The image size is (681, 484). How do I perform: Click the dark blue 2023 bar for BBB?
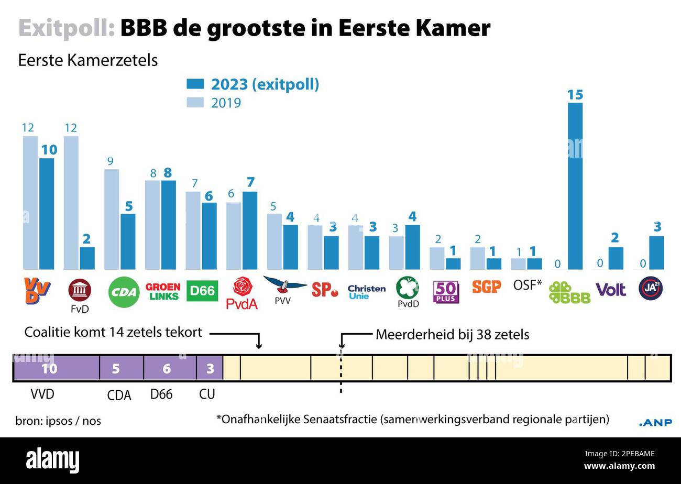tap(575, 186)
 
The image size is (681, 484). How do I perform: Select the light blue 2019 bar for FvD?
tap(71, 203)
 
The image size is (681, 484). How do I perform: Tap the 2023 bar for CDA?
tap(128, 241)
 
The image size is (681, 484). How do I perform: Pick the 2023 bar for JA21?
tap(656, 252)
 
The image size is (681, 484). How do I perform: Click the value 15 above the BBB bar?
tap(575, 95)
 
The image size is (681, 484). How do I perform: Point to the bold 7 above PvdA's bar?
tap(250, 182)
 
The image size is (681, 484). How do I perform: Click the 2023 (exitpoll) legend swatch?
tap(195, 84)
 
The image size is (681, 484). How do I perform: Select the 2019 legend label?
tap(226, 103)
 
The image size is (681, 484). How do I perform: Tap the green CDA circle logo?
tap(124, 292)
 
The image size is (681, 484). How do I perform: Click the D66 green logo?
tap(202, 291)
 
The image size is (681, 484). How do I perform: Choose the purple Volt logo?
tap(611, 289)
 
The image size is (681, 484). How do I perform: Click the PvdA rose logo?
tap(242, 293)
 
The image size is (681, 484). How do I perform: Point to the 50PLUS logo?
tap(446, 292)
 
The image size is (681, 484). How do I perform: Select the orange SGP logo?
tap(486, 287)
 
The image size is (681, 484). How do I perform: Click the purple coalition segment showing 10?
tap(56, 368)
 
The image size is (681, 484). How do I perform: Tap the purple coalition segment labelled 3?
tap(210, 368)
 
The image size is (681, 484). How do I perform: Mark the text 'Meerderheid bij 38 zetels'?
tap(452, 335)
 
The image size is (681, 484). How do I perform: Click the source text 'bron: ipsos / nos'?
tap(58, 421)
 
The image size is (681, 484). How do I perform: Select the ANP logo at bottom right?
tap(655, 423)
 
